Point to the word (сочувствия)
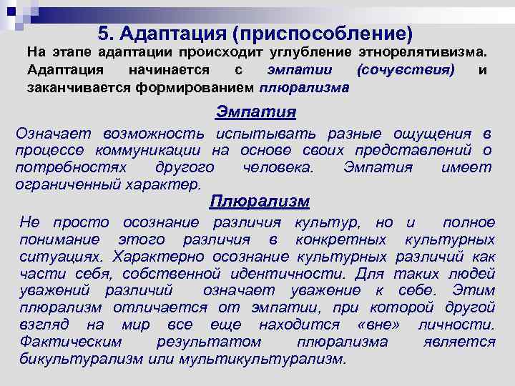(404, 71)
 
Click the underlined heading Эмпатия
(256, 113)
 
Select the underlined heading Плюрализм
(259, 201)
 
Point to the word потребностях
(71, 167)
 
